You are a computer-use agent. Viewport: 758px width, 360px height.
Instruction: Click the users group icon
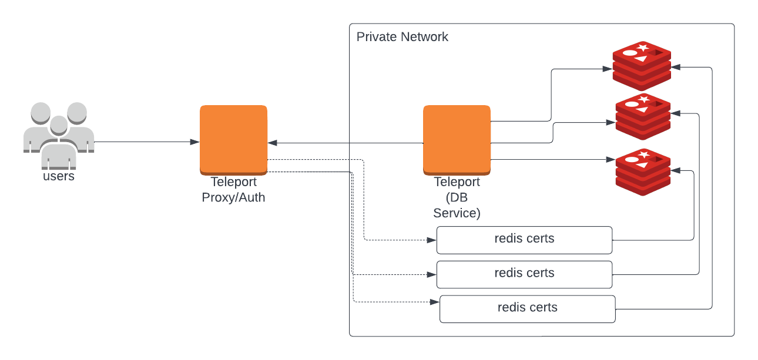tap(59, 132)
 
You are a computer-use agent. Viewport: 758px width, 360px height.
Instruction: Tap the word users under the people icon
tap(59, 176)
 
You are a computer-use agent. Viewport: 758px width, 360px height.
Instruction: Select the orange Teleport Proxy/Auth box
tap(233, 139)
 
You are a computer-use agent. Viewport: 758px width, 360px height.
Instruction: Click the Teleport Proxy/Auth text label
tap(233, 190)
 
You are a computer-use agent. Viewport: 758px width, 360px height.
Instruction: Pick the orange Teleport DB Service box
tap(457, 139)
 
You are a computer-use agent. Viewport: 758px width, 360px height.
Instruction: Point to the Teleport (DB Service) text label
tap(457, 197)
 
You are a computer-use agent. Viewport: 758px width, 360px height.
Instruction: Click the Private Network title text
tap(402, 37)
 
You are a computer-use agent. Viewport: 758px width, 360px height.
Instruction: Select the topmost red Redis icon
tap(642, 65)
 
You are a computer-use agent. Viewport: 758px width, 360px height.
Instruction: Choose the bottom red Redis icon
tap(643, 171)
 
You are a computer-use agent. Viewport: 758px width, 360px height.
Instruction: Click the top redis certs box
tap(524, 240)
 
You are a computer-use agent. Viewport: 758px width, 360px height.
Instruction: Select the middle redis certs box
tap(524, 274)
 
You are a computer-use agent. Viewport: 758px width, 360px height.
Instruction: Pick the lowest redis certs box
tap(527, 309)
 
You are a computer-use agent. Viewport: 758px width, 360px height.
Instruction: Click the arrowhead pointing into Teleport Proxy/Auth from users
tap(194, 142)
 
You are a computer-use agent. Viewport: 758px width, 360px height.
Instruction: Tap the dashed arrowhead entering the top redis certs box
tap(432, 240)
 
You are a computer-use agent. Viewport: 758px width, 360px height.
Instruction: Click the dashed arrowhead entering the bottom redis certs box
tap(435, 302)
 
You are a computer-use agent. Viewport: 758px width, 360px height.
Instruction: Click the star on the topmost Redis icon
tap(643, 47)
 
